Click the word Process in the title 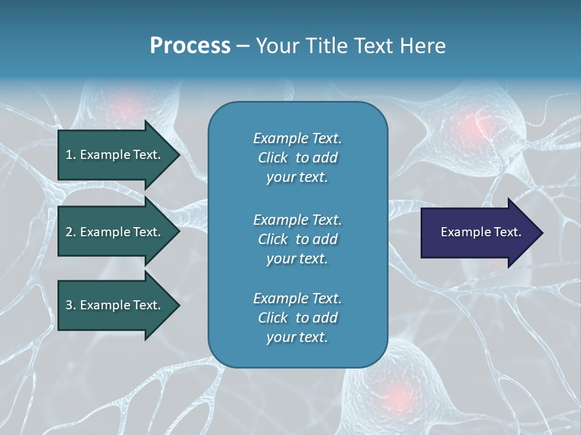pyautogui.click(x=190, y=46)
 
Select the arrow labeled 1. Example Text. pyautogui.click(x=115, y=155)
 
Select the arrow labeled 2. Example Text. pyautogui.click(x=115, y=232)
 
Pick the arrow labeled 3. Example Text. pyautogui.click(x=115, y=305)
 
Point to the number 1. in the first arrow pyautogui.click(x=71, y=155)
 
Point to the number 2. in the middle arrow pyautogui.click(x=71, y=232)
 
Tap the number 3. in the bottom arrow pyautogui.click(x=71, y=305)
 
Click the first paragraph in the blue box pyautogui.click(x=297, y=158)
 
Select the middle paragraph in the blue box pyautogui.click(x=297, y=239)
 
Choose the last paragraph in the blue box pyautogui.click(x=297, y=318)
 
